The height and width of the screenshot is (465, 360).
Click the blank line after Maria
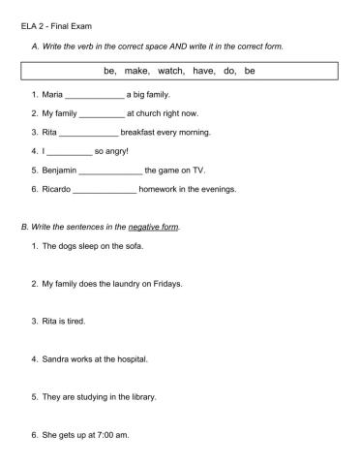pyautogui.click(x=95, y=97)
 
